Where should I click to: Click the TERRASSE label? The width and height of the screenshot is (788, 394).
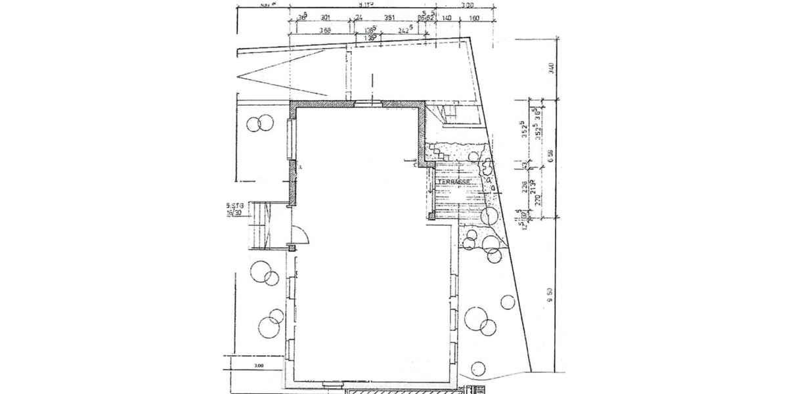457,182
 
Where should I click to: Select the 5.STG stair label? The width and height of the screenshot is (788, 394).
235,206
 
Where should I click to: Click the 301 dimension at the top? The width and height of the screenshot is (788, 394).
324,18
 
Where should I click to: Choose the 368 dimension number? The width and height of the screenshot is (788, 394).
324,30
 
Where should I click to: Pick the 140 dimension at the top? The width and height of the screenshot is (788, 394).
447,18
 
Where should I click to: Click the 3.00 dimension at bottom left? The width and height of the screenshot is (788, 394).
259,366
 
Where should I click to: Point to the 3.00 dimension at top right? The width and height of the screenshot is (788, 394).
467,5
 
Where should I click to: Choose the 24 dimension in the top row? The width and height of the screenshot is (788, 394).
359,18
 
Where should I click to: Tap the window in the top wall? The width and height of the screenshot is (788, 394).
367,103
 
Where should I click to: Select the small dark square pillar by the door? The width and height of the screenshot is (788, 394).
292,248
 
